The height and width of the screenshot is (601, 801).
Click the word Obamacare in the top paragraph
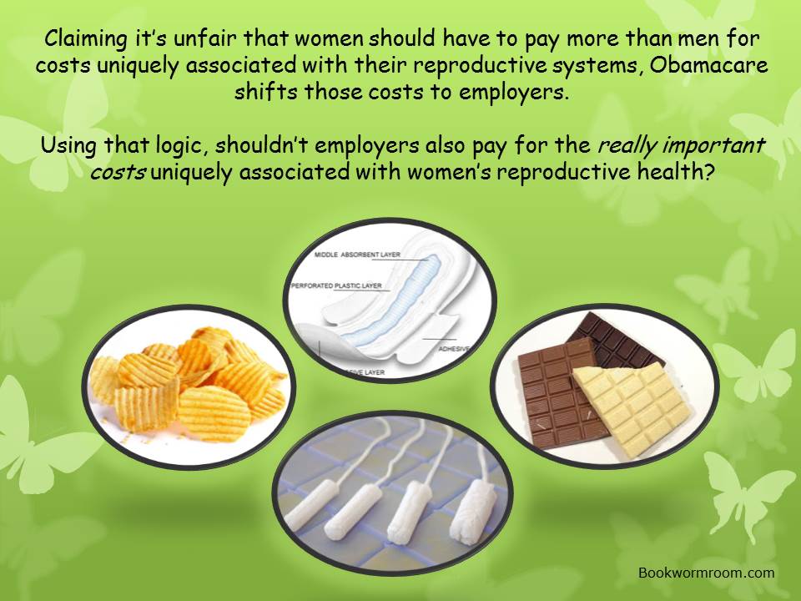(x=709, y=65)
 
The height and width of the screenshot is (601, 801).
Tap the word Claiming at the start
(x=86, y=40)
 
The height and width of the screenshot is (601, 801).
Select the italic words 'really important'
(x=681, y=146)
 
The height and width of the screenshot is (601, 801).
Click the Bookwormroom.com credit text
(x=707, y=573)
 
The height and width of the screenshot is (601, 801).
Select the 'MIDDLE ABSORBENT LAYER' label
(x=357, y=255)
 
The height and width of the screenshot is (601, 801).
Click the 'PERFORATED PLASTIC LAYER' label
(x=336, y=285)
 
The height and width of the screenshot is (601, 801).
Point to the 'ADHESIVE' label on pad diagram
(x=454, y=349)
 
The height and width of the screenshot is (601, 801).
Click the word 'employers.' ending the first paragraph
(x=513, y=93)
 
